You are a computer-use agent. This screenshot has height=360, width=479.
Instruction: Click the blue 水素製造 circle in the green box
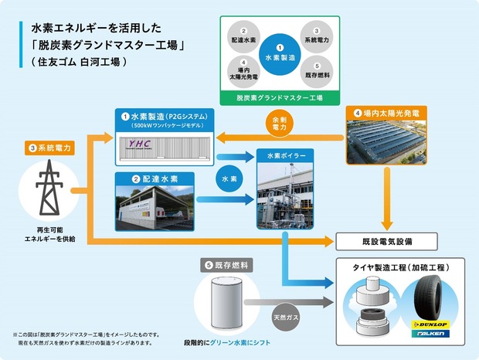pos(280,54)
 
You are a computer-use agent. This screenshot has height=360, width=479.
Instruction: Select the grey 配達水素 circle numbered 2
pos(243,36)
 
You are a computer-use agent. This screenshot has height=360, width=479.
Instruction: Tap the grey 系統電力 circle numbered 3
pos(317,36)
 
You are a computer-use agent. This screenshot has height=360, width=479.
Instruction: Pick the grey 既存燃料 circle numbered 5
pos(317,71)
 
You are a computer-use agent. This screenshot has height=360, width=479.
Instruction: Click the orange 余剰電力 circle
pos(279,123)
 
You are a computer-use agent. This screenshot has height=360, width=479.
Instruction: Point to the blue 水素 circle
pos(229,178)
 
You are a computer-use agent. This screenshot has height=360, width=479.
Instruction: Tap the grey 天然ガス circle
pos(286,318)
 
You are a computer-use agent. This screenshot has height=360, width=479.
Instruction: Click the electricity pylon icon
pos(49,188)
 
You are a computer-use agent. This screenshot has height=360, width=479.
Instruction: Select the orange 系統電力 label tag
pos(49,148)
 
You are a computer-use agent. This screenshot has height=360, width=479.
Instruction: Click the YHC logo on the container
pos(139,144)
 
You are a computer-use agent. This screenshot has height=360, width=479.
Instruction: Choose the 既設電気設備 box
pos(386,242)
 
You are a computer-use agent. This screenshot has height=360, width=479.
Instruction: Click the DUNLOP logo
pos(430,324)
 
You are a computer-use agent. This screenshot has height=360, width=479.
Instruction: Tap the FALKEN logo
pos(430,334)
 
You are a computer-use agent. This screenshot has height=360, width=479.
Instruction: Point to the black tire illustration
pos(428,298)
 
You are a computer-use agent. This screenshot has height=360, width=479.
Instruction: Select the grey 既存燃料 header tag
pos(226,265)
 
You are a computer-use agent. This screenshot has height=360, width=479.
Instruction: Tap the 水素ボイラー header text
pos(286,156)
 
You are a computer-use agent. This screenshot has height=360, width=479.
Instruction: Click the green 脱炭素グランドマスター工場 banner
pos(280,98)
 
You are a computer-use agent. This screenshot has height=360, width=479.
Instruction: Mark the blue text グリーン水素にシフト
pos(239,342)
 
